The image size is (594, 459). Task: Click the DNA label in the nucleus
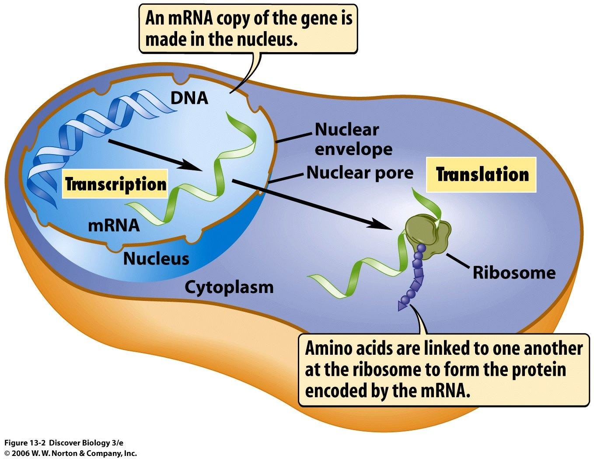pos(189,98)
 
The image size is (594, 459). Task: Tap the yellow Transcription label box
pos(115,184)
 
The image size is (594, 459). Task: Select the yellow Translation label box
pos(482,174)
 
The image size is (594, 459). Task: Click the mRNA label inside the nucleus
pos(114,225)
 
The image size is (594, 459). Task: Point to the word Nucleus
pos(156,258)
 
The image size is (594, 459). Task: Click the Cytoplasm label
pos(229,287)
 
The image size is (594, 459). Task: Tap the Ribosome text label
pos(514,272)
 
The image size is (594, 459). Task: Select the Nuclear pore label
pos(360,173)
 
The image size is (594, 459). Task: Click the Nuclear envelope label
pos(353,139)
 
